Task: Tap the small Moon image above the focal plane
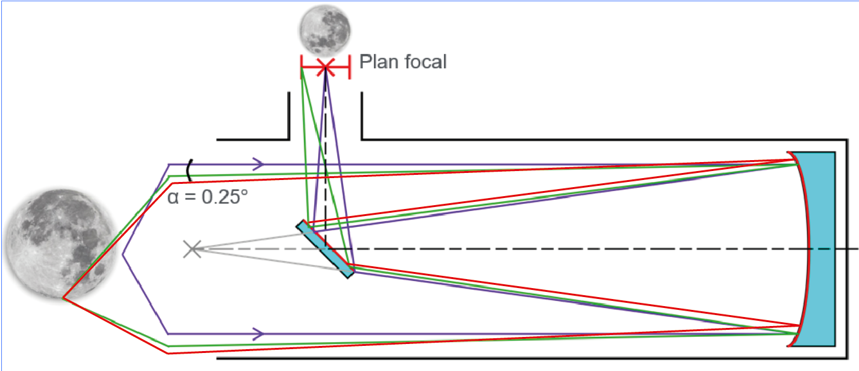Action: (325, 29)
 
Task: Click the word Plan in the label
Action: (376, 62)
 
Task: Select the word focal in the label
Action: (423, 62)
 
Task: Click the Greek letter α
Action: (173, 197)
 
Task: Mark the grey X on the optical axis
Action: (191, 249)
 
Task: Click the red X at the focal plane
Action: (326, 66)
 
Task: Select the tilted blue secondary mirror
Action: (325, 249)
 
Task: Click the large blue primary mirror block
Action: (819, 249)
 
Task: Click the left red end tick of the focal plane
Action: (302, 66)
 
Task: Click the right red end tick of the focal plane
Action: (349, 66)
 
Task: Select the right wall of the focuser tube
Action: (362, 116)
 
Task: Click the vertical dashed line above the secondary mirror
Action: (326, 161)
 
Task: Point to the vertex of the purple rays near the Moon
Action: (123, 249)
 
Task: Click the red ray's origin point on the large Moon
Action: (63, 298)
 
